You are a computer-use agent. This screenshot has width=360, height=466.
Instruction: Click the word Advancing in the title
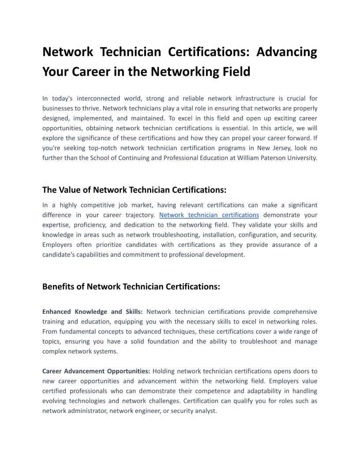pyautogui.click(x=287, y=52)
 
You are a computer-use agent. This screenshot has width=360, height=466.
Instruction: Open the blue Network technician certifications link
pyautogui.click(x=209, y=215)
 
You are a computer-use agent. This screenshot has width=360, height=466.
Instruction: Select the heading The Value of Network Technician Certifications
pyautogui.click(x=134, y=190)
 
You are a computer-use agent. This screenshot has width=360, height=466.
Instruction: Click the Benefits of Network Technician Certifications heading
pyautogui.click(x=131, y=286)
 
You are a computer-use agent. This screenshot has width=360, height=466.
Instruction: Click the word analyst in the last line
pyautogui.click(x=206, y=410)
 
